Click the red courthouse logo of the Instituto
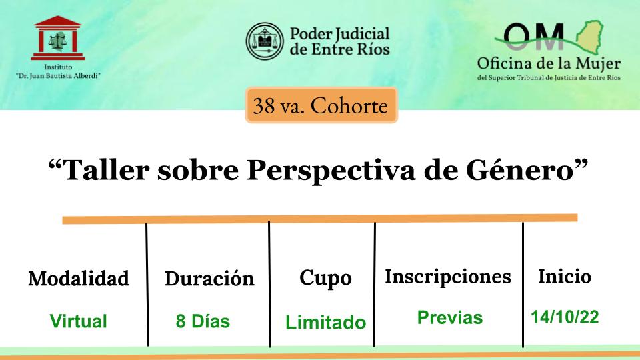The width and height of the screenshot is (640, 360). (58, 38)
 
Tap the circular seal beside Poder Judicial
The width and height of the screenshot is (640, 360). (265, 41)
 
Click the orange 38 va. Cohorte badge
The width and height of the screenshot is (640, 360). (321, 105)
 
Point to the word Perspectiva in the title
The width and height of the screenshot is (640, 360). (331, 170)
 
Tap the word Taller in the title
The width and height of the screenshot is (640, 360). (107, 169)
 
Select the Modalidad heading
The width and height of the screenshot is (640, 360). (79, 279)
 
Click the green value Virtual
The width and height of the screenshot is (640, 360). (79, 321)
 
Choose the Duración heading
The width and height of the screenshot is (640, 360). (209, 279)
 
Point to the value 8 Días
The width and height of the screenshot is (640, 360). (203, 321)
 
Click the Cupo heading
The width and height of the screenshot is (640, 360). (325, 279)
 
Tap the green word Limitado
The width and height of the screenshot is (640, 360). (326, 322)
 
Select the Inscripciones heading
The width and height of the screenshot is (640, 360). (448, 277)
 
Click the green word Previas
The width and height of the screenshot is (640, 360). (450, 317)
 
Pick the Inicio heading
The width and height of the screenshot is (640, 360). (565, 276)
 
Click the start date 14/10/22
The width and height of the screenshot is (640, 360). (565, 317)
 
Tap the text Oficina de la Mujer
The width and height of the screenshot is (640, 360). (549, 64)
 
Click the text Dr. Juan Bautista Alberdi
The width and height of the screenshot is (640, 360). (58, 75)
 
